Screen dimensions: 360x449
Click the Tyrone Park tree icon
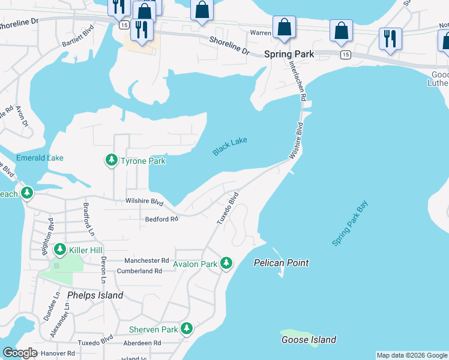click(x=111, y=160)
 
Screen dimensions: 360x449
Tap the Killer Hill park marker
click(x=59, y=249)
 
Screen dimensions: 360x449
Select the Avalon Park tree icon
click(x=226, y=263)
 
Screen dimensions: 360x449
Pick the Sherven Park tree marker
click(x=187, y=329)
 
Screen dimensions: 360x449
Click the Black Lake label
click(x=230, y=146)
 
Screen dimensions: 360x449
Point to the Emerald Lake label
click(x=40, y=158)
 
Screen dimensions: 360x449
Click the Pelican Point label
click(x=281, y=263)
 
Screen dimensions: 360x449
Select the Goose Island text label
click(x=309, y=340)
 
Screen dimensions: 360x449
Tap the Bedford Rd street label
click(x=161, y=219)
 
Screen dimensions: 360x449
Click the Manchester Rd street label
click(x=146, y=260)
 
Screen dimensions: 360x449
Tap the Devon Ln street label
click(x=103, y=270)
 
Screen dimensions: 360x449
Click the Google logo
click(x=20, y=353)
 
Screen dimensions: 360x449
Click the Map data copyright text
click(x=412, y=355)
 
